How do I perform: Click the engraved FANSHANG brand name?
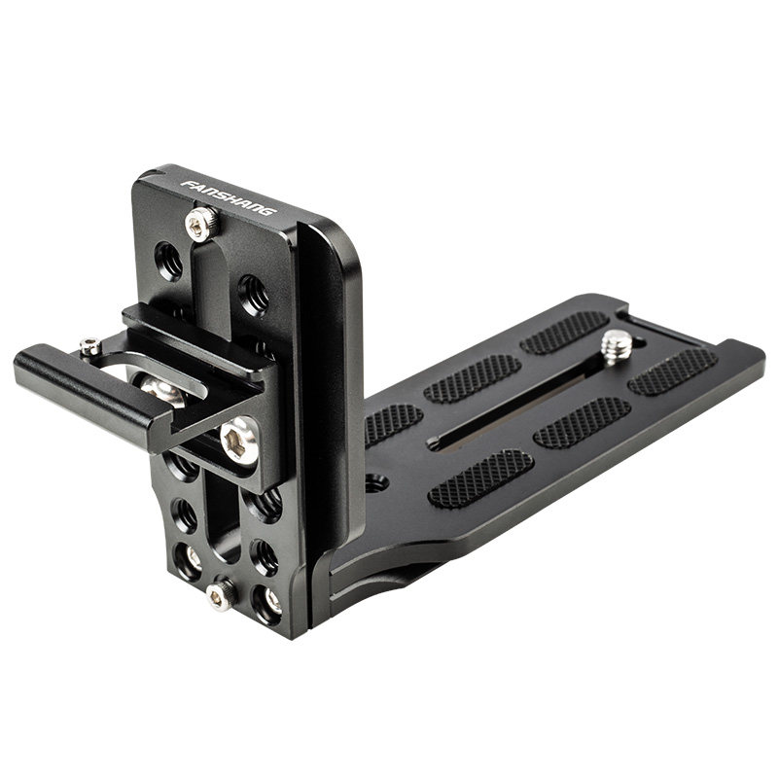[x=228, y=197]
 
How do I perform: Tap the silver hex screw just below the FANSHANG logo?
[x=201, y=224]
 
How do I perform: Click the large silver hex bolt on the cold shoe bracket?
[x=239, y=441]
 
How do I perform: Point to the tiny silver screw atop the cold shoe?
[x=90, y=345]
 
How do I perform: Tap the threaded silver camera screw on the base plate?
[x=617, y=344]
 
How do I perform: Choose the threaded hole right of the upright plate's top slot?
[x=253, y=296]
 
